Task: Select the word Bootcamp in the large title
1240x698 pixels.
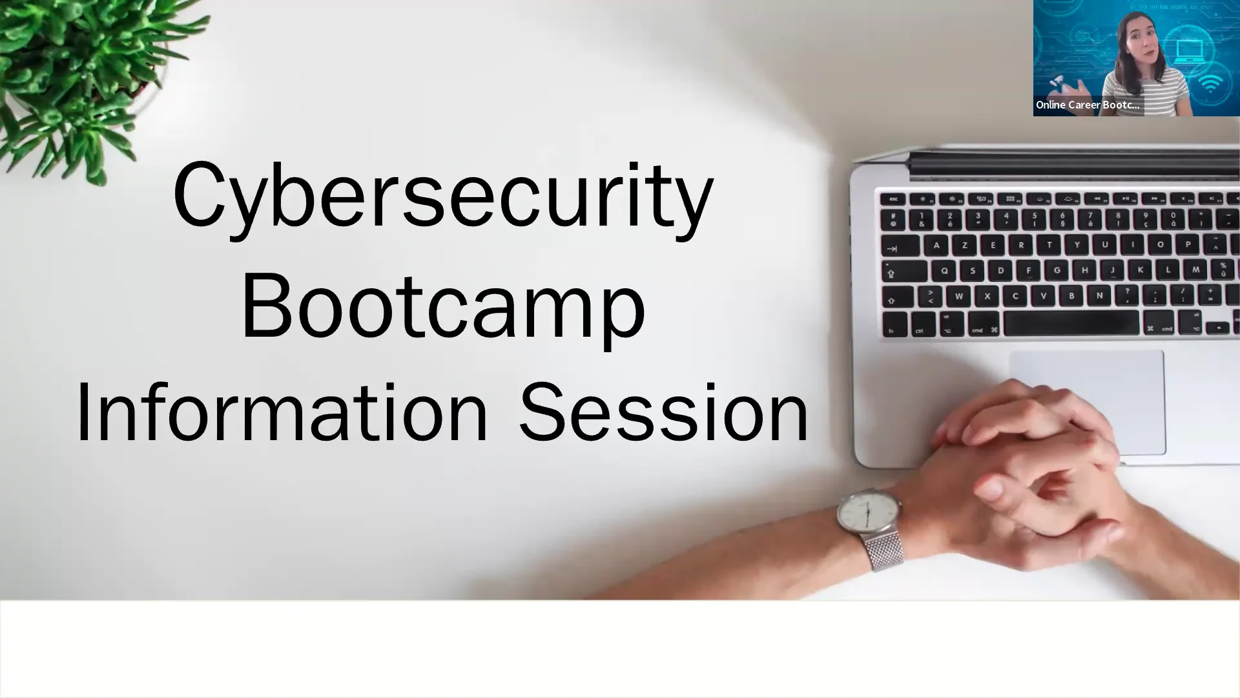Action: click(443, 307)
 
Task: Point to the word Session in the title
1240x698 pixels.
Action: click(664, 414)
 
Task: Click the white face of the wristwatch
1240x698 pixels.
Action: click(867, 515)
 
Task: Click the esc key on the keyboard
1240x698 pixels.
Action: click(894, 199)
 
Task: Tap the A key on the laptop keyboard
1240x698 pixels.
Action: click(936, 246)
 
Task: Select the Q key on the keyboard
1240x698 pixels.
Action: click(944, 271)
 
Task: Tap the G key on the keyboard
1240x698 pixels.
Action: click(1057, 270)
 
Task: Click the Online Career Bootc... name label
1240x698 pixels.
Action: click(1088, 105)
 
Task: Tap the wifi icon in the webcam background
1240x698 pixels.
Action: click(1211, 84)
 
